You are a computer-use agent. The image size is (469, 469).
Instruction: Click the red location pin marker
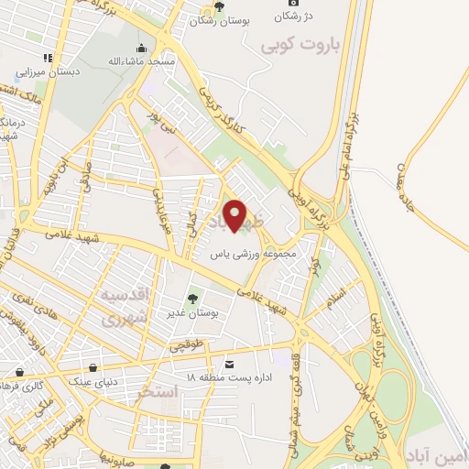tap(236, 215)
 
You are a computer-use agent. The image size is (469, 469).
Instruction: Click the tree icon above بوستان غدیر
tap(191, 298)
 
